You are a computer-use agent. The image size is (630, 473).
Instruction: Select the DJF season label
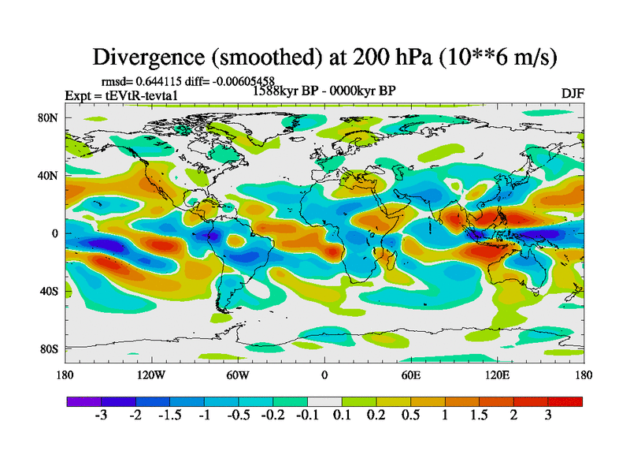coord(573,93)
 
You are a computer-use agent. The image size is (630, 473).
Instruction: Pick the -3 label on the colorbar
coord(101,415)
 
